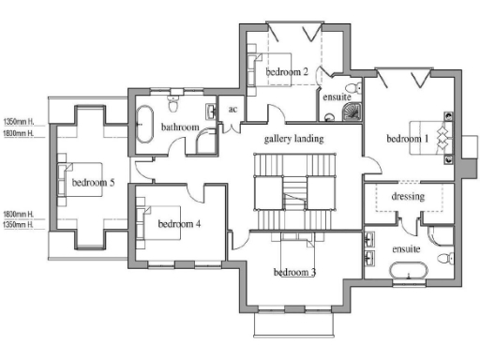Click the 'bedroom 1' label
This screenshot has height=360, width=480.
coord(407,140)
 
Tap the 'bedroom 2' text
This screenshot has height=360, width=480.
coord(287,71)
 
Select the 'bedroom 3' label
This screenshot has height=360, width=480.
coord(294,273)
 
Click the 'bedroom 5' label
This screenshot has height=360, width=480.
coord(92,182)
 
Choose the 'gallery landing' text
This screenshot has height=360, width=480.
coord(294,139)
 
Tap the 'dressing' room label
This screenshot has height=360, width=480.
coord(408,197)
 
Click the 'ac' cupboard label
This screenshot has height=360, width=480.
coord(234,110)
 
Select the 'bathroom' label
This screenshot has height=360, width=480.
coord(180,127)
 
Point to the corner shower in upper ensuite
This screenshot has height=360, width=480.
coord(350,112)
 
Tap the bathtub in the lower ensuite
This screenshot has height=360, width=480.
coord(408,274)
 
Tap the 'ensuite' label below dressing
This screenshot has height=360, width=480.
coord(405,249)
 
